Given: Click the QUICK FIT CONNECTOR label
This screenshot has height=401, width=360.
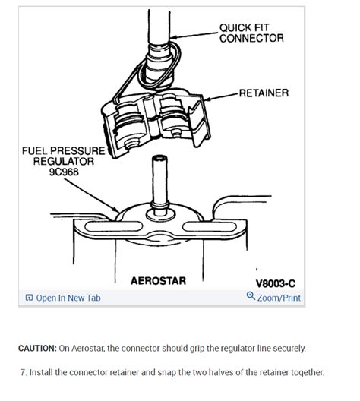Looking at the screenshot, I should [251, 33].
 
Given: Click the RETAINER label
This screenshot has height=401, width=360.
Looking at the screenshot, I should [263, 93].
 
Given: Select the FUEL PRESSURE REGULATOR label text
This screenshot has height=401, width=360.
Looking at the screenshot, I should [63, 156].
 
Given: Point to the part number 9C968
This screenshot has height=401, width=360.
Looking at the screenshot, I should [63, 172].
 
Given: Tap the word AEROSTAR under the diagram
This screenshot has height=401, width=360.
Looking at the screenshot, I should [158, 281].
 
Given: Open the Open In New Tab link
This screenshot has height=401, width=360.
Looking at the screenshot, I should [68, 298].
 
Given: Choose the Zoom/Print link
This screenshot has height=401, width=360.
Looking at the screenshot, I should [279, 298].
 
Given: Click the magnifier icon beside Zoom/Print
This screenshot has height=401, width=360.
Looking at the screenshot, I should [251, 297].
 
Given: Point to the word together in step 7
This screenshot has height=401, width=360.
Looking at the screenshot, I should [304, 372].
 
